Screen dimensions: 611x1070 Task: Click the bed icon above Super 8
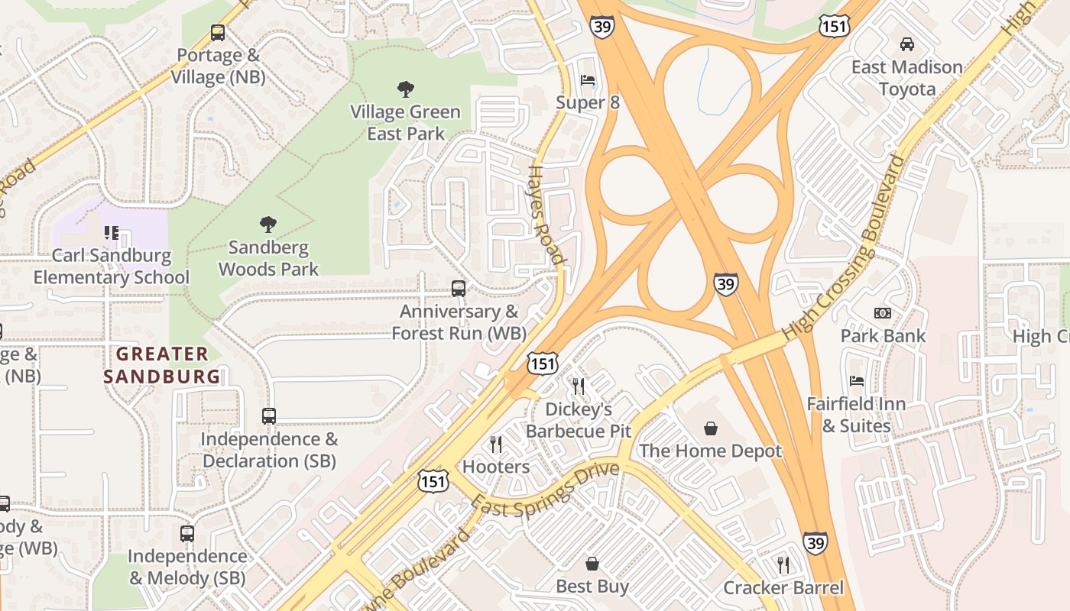(x=587, y=80)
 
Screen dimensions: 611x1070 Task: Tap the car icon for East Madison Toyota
(x=906, y=44)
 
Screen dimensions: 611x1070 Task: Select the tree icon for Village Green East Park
(x=405, y=89)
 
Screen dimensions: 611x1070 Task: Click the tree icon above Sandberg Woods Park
(x=267, y=225)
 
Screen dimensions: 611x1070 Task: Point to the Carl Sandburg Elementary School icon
(x=112, y=232)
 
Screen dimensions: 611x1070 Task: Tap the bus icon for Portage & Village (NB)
(x=218, y=33)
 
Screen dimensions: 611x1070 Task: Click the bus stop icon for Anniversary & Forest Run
(x=459, y=289)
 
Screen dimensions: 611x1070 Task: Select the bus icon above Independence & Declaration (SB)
(x=268, y=416)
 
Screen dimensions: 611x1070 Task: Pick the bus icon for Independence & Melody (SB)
(x=187, y=534)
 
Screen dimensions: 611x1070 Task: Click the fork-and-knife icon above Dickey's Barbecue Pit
(x=579, y=386)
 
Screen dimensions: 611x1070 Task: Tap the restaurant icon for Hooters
(x=496, y=445)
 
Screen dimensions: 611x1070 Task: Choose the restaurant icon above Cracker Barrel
(x=783, y=565)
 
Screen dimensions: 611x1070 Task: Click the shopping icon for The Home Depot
(x=711, y=428)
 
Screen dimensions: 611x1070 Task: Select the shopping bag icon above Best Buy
(x=592, y=564)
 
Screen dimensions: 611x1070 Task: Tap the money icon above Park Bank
(x=882, y=313)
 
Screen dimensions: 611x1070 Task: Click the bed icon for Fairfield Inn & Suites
(x=857, y=381)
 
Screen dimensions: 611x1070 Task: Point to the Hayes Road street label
(x=547, y=215)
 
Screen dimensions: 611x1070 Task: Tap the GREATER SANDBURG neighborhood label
(x=162, y=365)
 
